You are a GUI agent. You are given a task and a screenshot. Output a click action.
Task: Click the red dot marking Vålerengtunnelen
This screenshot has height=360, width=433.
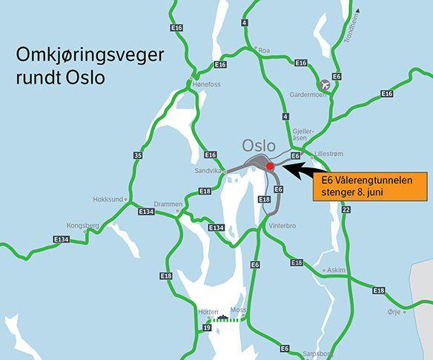tap(271, 167)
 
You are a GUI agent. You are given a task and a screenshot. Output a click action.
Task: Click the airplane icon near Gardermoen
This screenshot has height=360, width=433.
tap(323, 87)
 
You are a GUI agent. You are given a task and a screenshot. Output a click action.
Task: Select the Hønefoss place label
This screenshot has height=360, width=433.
tap(207, 84)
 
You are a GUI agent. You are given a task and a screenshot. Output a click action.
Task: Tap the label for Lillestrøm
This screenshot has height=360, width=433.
tap(330, 155)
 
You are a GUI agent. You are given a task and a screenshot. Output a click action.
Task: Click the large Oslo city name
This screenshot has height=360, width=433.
tap(259, 145)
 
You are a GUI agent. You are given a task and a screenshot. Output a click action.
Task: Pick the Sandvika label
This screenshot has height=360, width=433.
tap(209, 170)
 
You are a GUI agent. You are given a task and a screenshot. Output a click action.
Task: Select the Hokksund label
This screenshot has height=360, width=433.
tap(108, 199)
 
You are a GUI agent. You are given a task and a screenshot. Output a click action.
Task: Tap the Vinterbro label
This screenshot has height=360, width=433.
tap(282, 225)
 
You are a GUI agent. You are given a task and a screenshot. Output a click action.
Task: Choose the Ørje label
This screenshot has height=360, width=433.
tap(394, 312)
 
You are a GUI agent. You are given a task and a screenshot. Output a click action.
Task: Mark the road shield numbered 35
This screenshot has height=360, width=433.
tap(138, 155)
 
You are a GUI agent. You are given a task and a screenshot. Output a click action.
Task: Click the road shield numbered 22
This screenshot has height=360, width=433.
tap(345, 210)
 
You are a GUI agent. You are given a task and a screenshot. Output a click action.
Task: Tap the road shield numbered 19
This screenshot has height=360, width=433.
tap(205, 327)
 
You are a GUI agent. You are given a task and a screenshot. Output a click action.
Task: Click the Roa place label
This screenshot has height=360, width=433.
tap(265, 51)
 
